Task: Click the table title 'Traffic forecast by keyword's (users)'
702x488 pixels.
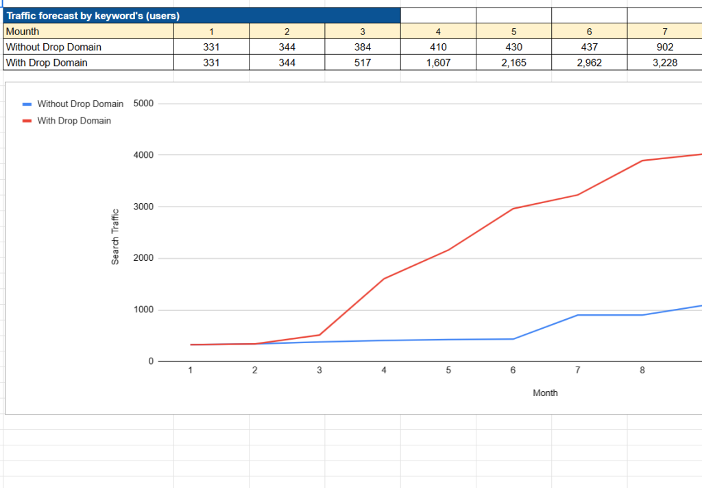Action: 93,16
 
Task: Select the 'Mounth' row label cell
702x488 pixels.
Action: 88,32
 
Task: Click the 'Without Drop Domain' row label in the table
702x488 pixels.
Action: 88,47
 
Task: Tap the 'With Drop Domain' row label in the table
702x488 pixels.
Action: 88,62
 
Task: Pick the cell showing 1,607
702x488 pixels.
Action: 438,62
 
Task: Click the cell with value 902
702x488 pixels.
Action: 665,47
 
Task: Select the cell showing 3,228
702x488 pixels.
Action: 665,62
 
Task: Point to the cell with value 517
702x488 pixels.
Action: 363,62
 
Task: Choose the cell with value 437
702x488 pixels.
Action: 589,47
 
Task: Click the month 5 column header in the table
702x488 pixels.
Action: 513,32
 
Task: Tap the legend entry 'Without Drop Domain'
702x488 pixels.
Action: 73,104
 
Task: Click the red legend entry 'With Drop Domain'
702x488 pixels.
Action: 66,121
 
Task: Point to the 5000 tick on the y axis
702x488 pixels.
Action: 143,104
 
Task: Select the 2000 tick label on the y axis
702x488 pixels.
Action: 143,258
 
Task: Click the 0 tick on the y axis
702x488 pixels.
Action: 151,361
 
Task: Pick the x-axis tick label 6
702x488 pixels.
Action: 513,370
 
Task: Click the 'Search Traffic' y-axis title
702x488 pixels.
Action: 115,237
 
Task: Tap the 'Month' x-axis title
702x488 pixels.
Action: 545,393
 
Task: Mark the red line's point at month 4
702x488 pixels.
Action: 384,279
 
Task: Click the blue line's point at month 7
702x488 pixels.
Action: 577,315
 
